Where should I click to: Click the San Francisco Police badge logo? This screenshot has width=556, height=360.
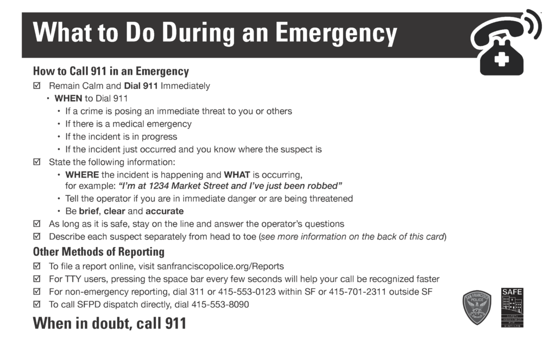pos(477,307)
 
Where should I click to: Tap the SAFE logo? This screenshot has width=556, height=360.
pos(512,307)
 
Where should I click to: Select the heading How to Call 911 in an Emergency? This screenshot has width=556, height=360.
pos(111,71)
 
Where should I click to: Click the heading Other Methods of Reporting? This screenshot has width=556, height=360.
pos(98,252)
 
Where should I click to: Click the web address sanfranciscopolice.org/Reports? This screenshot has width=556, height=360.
pos(220,266)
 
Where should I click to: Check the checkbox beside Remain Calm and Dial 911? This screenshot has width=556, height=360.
pos(37,86)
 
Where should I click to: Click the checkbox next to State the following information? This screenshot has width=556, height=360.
pos(37,162)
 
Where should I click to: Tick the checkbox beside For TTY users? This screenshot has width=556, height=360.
pos(37,279)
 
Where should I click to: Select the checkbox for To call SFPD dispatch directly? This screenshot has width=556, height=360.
pos(37,305)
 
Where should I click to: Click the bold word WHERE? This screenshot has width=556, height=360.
pos(82,175)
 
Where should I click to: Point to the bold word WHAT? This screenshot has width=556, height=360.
pos(237,175)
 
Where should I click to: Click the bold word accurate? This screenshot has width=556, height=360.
pos(165,211)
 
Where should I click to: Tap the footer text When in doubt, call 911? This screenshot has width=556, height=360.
pos(109,324)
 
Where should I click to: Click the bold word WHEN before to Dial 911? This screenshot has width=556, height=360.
pos(68,98)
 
